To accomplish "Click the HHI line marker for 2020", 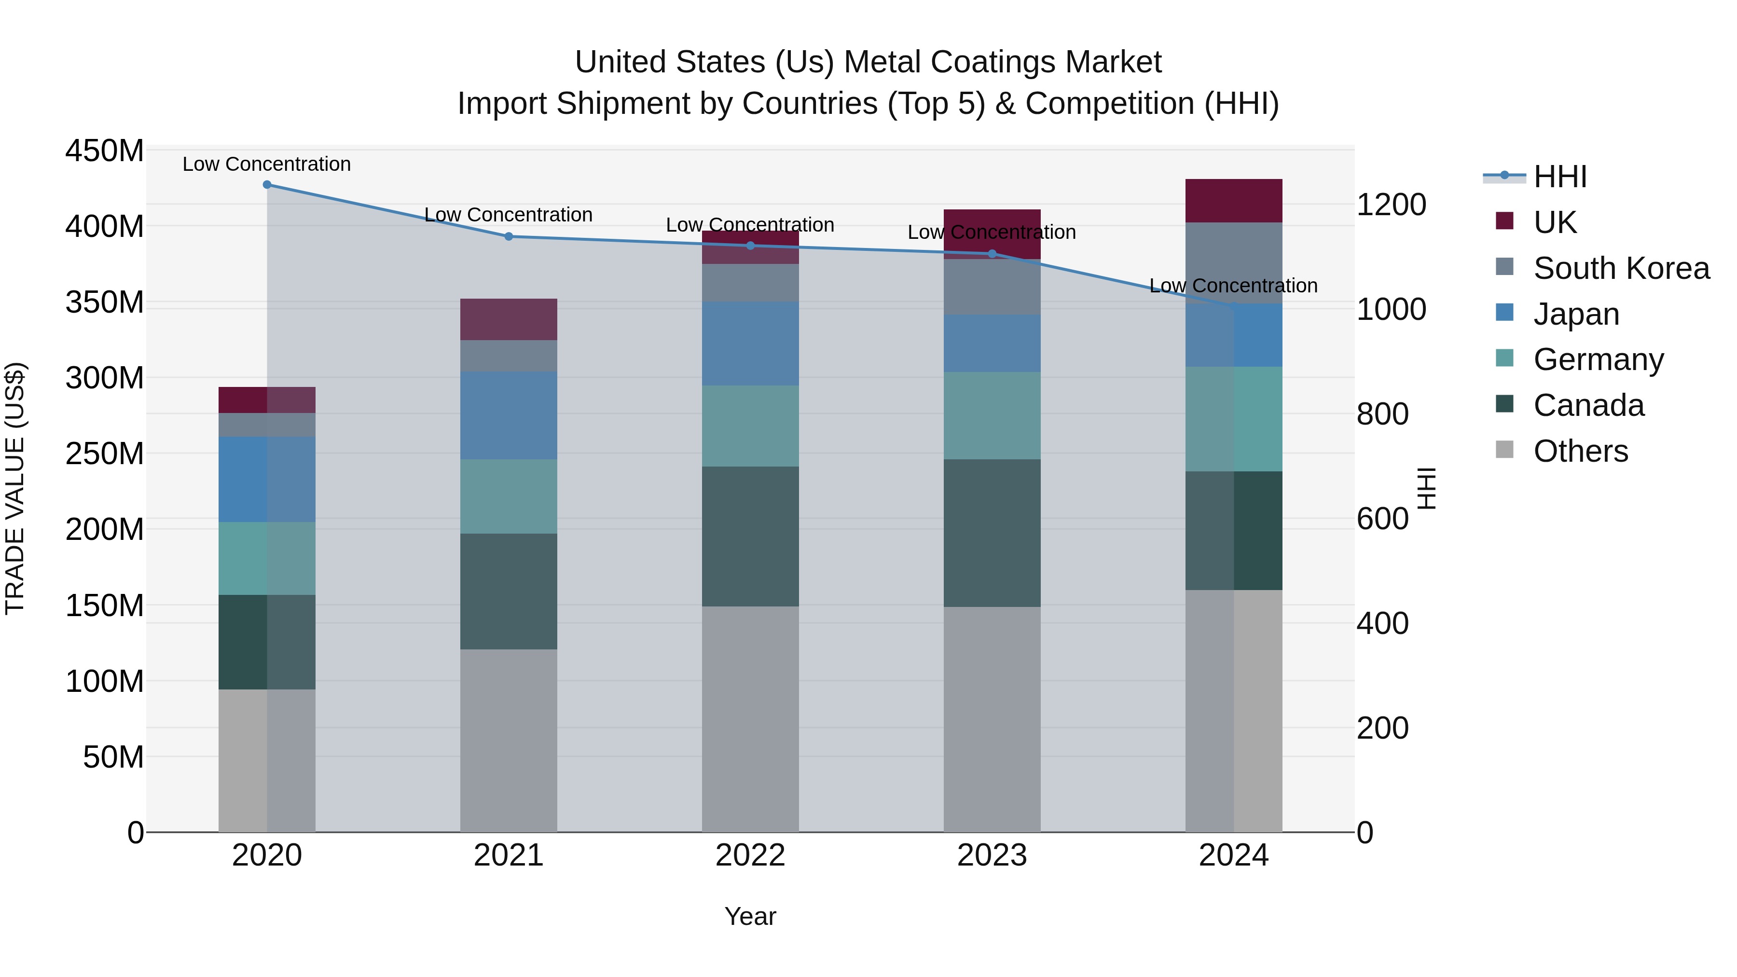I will pyautogui.click(x=267, y=185).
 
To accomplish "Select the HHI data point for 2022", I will pyautogui.click(x=750, y=246).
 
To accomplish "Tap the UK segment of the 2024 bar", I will pyautogui.click(x=1234, y=201).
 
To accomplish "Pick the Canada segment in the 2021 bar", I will pyautogui.click(x=509, y=592).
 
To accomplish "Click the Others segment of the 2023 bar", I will pyautogui.click(x=992, y=719).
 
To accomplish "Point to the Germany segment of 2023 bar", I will pyautogui.click(x=992, y=415).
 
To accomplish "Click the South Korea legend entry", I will pyautogui.click(x=1621, y=268).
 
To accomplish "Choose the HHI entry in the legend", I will pyautogui.click(x=1559, y=177).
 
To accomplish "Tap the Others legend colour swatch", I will pyautogui.click(x=1504, y=450).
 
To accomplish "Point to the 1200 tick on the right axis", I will pyautogui.click(x=1391, y=205).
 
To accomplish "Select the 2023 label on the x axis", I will pyautogui.click(x=992, y=855).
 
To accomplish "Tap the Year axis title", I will pyautogui.click(x=750, y=916).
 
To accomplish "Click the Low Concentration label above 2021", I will pyautogui.click(x=509, y=215).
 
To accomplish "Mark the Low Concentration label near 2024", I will pyautogui.click(x=1233, y=286).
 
